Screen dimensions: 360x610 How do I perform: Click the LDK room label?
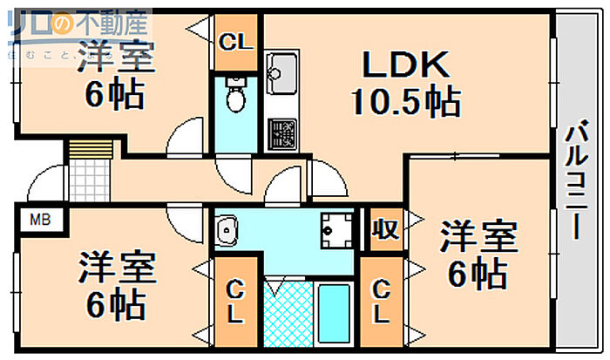tap(404, 65)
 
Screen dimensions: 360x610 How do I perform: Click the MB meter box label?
tap(40, 219)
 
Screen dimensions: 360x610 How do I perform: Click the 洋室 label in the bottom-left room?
tap(115, 267)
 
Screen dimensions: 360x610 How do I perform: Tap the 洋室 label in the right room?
tap(478, 236)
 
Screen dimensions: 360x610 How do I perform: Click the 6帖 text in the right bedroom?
tap(478, 274)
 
